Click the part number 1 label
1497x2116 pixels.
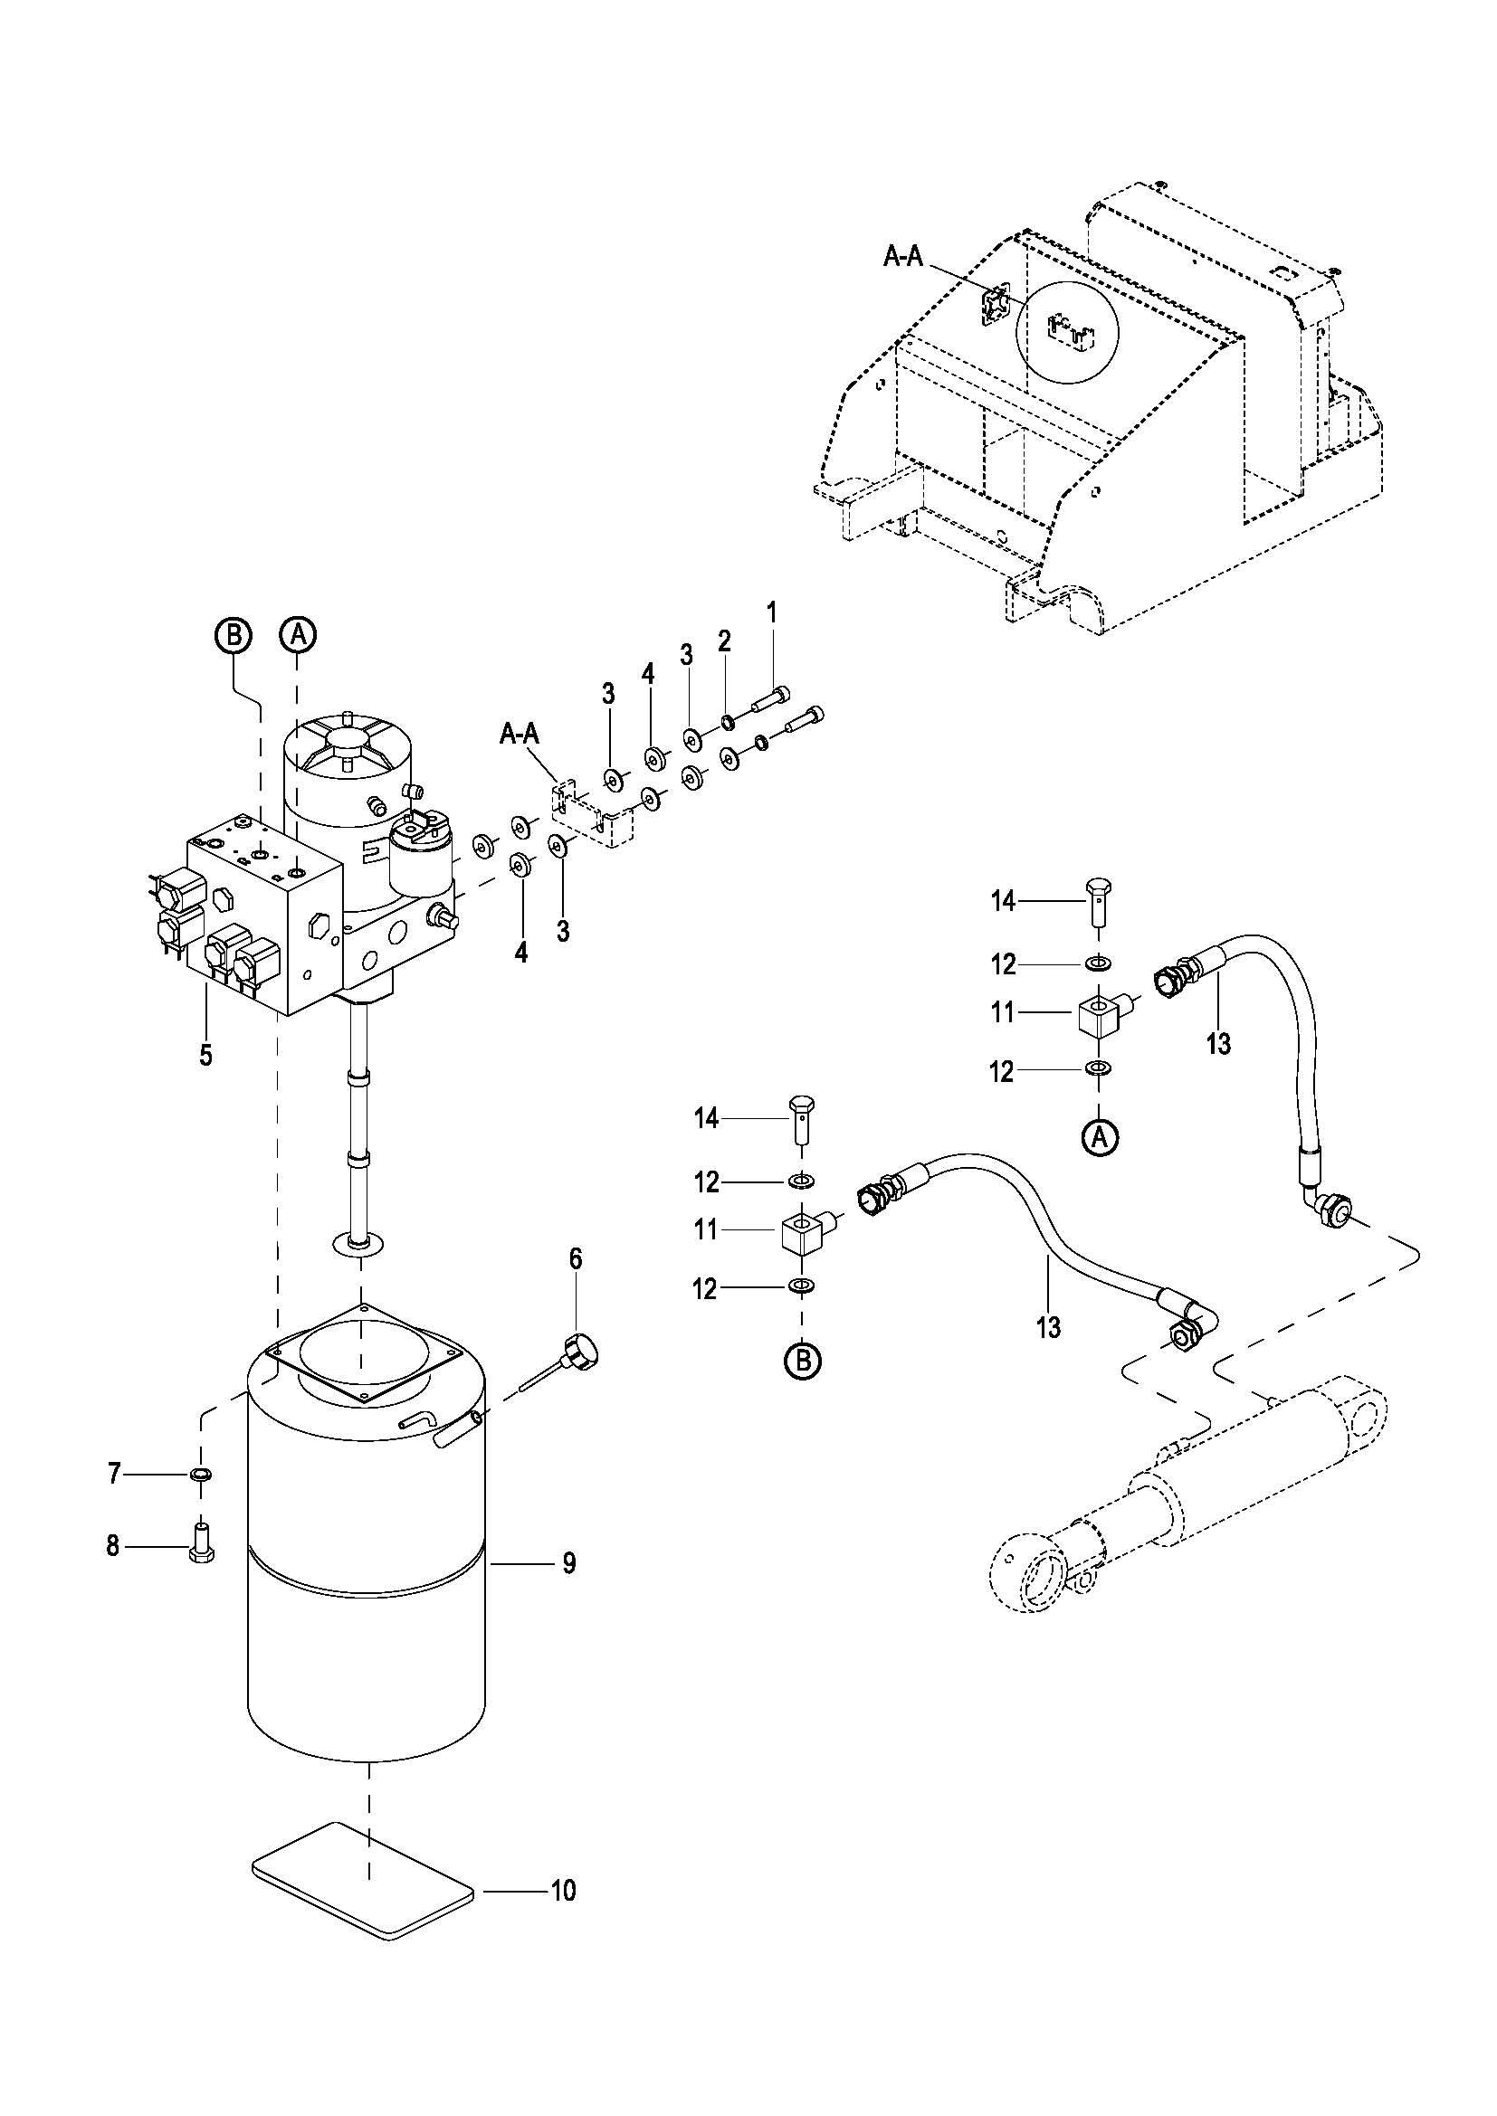point(772,612)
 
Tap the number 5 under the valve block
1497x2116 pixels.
point(205,1054)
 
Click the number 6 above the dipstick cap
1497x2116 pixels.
point(577,1260)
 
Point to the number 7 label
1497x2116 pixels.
point(114,1475)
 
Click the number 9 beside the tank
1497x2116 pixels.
point(568,1563)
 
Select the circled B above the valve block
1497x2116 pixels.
point(234,635)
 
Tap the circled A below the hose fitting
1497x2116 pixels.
point(1100,1137)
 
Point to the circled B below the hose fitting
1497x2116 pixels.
point(803,1360)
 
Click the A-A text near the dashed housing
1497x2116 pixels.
point(903,257)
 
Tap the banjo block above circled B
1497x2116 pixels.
point(804,1230)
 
